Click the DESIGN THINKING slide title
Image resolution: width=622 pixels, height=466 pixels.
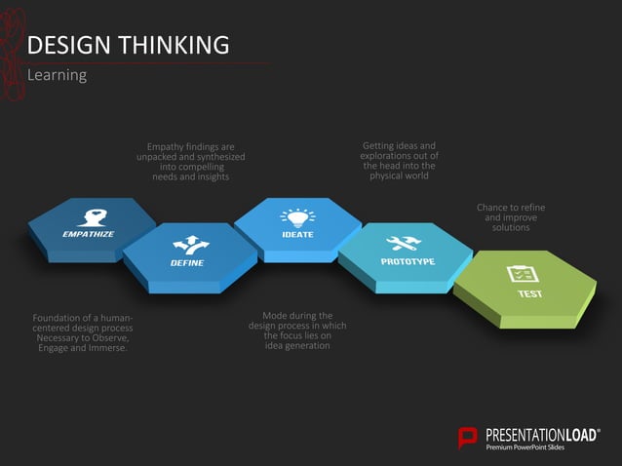click(128, 45)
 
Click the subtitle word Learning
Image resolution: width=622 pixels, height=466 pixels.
click(58, 75)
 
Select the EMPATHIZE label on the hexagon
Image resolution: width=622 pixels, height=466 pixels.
click(89, 235)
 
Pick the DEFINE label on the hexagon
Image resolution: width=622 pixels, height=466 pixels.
click(186, 263)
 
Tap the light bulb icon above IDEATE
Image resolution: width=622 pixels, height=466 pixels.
click(297, 217)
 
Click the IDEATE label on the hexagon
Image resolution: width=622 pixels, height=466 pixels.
click(297, 235)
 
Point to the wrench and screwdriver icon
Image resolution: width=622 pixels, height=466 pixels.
click(404, 243)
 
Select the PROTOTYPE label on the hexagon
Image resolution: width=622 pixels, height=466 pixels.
click(408, 261)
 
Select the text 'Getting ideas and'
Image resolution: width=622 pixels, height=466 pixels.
click(399, 146)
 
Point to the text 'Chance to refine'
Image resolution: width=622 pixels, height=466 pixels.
click(511, 208)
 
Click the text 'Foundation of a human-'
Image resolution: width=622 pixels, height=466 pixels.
click(83, 318)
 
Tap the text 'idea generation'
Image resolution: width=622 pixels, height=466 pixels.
click(297, 346)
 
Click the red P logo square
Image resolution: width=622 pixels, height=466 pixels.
click(468, 437)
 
